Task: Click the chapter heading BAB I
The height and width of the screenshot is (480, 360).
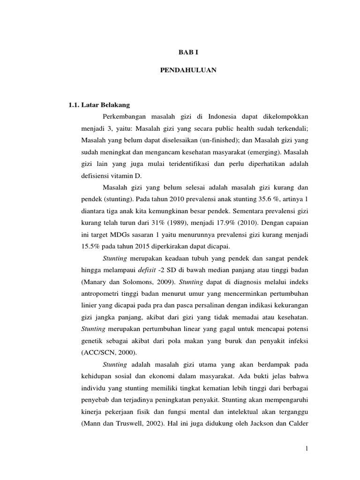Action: click(x=180, y=53)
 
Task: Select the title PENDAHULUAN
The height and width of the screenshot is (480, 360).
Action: click(x=180, y=70)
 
